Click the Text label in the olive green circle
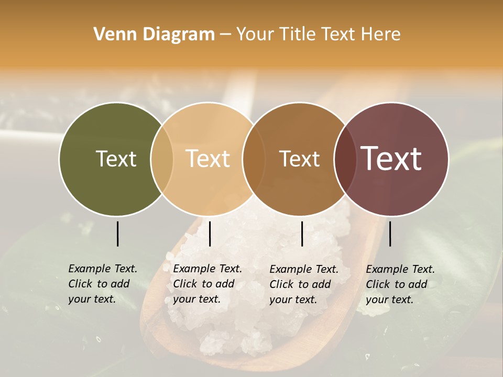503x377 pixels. click(x=116, y=159)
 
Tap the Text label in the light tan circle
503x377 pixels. click(x=208, y=159)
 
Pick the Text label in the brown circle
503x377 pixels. click(x=300, y=159)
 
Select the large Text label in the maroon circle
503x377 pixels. click(x=391, y=159)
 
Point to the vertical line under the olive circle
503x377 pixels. click(x=117, y=234)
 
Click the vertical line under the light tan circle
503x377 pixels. click(x=210, y=234)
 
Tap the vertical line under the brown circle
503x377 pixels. click(x=302, y=234)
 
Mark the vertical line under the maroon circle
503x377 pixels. click(x=390, y=234)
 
